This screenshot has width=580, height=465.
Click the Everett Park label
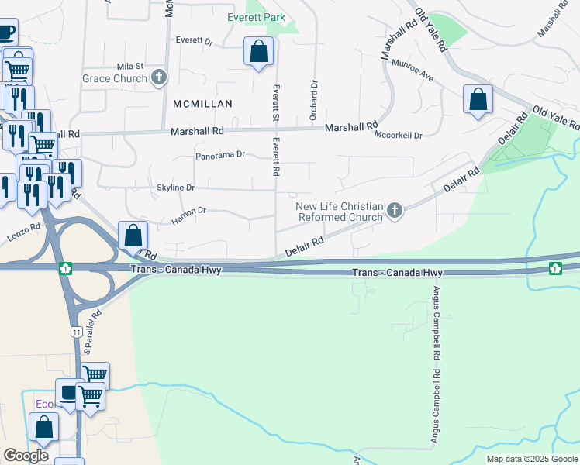tap(256, 17)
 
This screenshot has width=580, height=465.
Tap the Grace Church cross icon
tap(160, 77)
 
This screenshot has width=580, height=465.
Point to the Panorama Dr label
tap(219, 155)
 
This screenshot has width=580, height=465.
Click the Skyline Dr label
tap(175, 188)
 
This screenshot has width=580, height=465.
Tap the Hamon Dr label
tap(189, 210)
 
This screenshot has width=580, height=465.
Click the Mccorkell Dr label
tap(398, 135)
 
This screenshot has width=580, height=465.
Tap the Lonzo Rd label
tap(24, 231)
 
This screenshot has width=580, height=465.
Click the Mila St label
tap(129, 67)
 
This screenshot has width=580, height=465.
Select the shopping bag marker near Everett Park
tap(258, 52)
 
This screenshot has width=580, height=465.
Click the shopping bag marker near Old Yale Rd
tap(478, 99)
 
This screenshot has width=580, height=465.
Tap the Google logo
tap(26, 455)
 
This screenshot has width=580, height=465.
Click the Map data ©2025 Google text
tap(531, 459)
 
